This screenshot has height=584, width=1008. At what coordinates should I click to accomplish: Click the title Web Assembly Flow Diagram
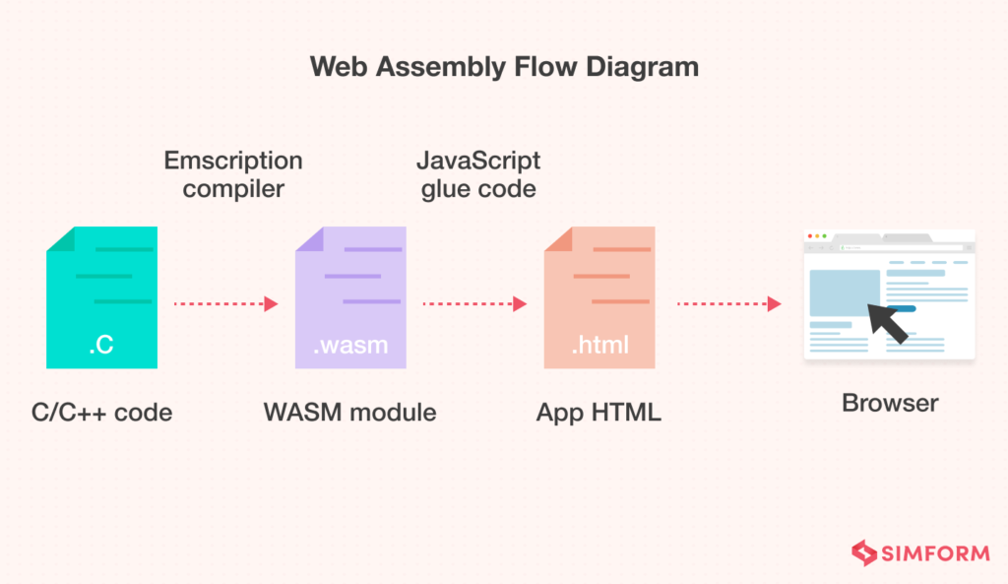[x=504, y=67]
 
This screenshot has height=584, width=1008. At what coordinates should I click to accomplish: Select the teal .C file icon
[x=101, y=297]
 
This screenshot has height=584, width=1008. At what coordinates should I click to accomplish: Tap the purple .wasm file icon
[x=350, y=297]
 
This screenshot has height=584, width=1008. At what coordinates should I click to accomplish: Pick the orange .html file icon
[x=599, y=297]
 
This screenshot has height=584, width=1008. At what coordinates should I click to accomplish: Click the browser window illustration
[x=889, y=295]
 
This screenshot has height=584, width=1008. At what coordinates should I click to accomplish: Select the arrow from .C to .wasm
[x=225, y=303]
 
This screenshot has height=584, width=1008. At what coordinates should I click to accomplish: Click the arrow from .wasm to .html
[x=474, y=303]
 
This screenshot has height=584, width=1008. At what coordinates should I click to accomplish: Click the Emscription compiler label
[x=232, y=174]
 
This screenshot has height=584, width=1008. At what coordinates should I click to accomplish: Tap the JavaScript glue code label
[x=478, y=174]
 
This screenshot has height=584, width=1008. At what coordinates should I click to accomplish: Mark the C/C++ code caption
[x=101, y=412]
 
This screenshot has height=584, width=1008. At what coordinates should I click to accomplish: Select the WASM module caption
[x=349, y=412]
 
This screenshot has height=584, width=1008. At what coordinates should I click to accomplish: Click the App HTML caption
[x=598, y=412]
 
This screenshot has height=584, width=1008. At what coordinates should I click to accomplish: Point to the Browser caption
[x=890, y=403]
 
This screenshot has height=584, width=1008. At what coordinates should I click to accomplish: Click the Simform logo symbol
[x=863, y=552]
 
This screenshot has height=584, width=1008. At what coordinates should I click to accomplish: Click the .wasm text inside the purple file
[x=350, y=346]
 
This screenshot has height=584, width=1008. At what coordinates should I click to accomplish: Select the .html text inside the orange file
[x=599, y=346]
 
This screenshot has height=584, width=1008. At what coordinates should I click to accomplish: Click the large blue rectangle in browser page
[x=845, y=292]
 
